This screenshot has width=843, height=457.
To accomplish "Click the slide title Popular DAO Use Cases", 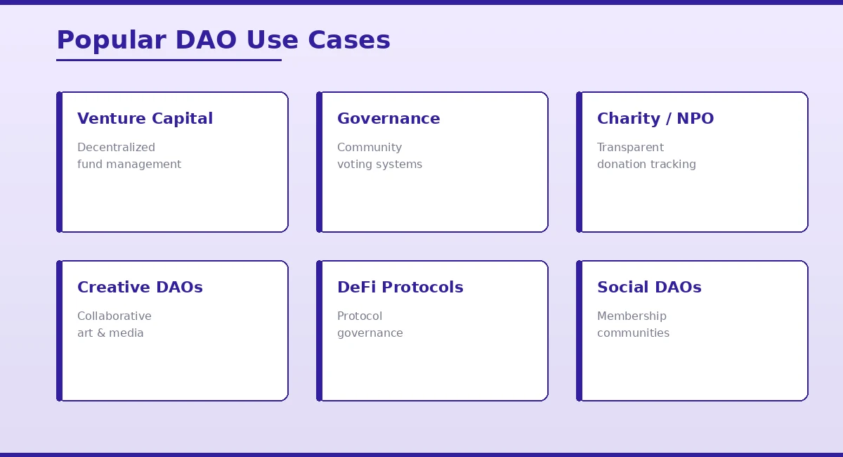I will pos(223,40).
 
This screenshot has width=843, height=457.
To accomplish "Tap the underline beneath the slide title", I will pos(169,60).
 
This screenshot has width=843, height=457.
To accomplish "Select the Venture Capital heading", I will pos(145,119).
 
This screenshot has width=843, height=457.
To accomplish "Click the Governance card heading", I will pos(388,119).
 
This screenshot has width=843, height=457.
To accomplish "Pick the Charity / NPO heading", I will pos(655,119).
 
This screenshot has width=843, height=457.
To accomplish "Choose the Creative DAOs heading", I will pos(140,288).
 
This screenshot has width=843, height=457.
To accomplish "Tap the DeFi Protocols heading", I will pos(400,288).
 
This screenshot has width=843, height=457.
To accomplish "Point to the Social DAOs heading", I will pos(649,288).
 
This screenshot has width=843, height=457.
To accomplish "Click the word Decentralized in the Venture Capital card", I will pos(116,148).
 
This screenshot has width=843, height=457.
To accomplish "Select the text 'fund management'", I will pos(129,165).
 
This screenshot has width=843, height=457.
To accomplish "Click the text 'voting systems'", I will pos(379,165).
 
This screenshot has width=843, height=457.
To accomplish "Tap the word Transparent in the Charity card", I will pos(630,148).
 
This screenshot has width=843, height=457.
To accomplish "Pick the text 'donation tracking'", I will pos(646,165).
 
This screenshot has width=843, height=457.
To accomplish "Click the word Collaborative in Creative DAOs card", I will pos(115,316).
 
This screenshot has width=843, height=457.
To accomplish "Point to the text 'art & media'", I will pos(110,333).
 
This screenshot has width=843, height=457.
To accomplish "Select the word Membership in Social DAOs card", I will pos(632,316).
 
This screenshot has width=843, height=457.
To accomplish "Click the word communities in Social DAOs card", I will pos(633,333).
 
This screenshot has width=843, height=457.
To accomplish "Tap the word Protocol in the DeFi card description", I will pos(360,316).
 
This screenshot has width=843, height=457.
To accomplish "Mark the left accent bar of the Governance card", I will pos(319,162).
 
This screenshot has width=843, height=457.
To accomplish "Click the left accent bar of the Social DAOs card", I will pos(579,330).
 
